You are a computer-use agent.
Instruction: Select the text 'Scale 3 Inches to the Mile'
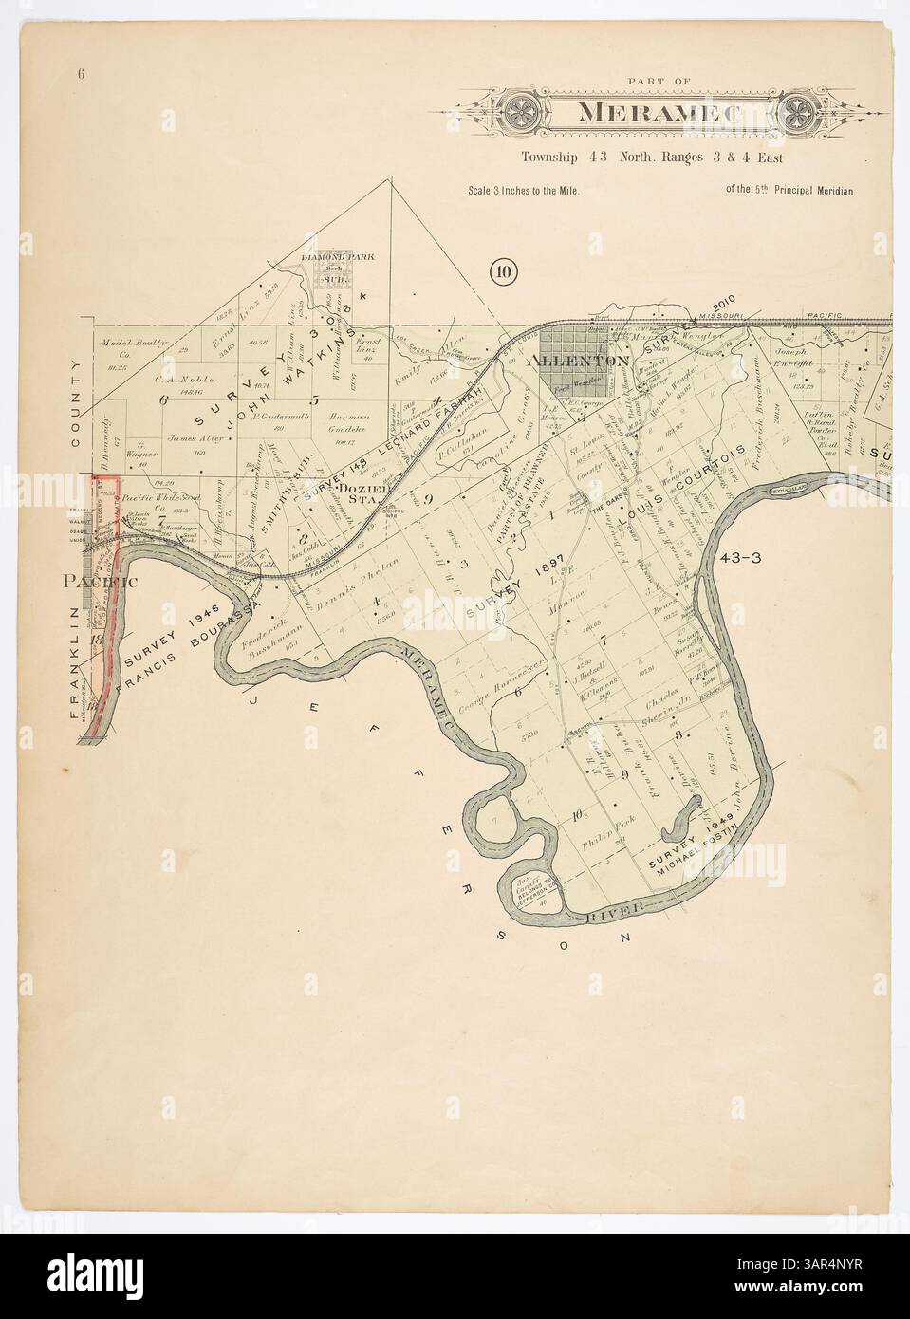pyautogui.click(x=523, y=190)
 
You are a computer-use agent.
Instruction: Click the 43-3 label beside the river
pyautogui.click(x=741, y=557)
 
